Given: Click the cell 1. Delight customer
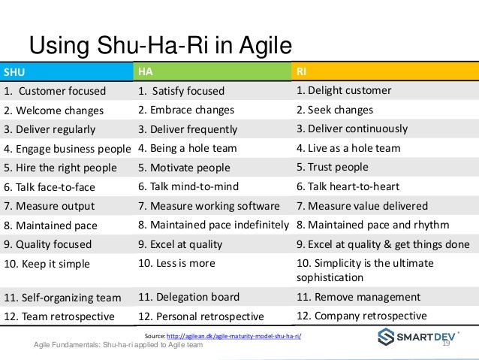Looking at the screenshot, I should (x=343, y=91).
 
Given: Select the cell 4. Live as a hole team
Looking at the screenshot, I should (x=348, y=148).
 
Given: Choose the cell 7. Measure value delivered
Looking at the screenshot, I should (x=362, y=206).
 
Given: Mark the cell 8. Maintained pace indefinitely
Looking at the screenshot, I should (x=214, y=225).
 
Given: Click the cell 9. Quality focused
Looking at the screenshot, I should (x=48, y=244).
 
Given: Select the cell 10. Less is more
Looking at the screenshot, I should (x=177, y=263).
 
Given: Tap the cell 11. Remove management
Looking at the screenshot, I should (x=358, y=296).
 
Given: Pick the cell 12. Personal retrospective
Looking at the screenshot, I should (x=201, y=316).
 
